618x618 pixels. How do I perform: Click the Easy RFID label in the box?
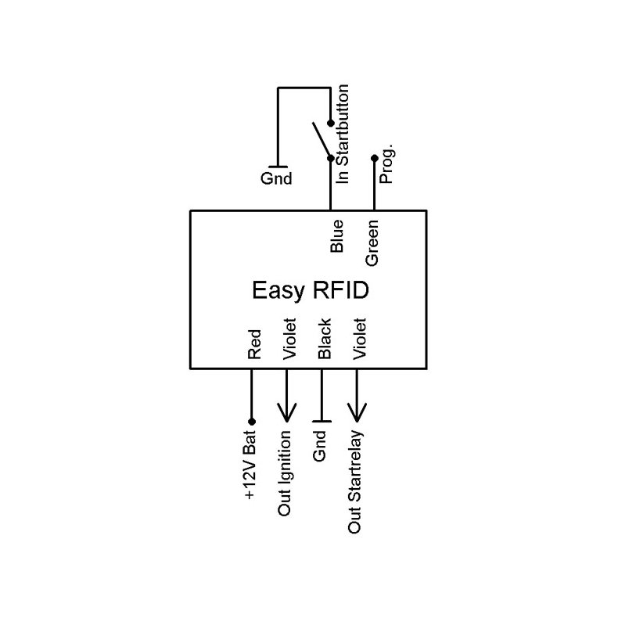[x=310, y=291]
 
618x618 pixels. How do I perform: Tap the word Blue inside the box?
[x=337, y=236]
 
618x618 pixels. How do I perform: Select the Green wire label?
[x=373, y=243]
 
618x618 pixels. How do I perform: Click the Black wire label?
[x=324, y=339]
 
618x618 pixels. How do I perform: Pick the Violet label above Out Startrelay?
[x=360, y=339]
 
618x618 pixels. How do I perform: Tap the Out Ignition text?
[x=286, y=474]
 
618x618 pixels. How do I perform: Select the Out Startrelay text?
[x=355, y=483]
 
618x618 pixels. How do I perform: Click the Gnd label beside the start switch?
[x=275, y=178]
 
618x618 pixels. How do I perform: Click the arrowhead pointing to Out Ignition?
[x=286, y=413]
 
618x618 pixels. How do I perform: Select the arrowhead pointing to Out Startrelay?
[x=358, y=413]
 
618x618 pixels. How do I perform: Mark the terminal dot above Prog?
[x=374, y=158]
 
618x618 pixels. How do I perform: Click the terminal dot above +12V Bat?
[x=251, y=422]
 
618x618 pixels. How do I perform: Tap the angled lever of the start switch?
[x=321, y=140]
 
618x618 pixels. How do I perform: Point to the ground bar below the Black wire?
[x=322, y=422]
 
